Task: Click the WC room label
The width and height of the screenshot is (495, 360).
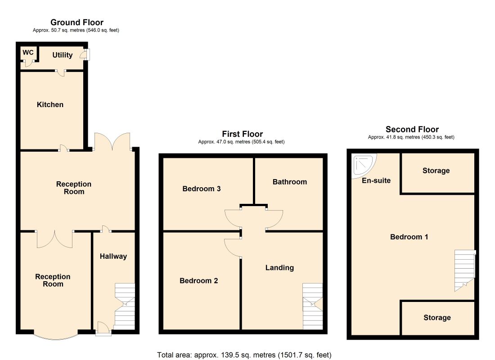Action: (x=28, y=52)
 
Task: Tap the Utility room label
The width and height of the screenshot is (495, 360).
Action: (x=63, y=55)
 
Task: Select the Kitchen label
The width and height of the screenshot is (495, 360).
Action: (x=50, y=104)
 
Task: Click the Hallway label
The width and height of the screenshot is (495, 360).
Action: (x=113, y=256)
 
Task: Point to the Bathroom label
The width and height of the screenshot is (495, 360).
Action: (x=290, y=182)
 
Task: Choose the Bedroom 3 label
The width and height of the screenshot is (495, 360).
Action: (x=202, y=189)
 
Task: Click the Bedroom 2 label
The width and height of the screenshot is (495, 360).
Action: (x=198, y=281)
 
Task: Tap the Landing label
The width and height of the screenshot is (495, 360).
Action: (x=280, y=268)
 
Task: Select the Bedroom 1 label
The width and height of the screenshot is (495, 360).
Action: (x=409, y=237)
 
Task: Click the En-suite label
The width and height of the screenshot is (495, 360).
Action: (x=376, y=180)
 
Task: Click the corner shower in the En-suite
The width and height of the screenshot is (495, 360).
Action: (x=364, y=165)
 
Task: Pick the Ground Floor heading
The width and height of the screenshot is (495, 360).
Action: (x=77, y=22)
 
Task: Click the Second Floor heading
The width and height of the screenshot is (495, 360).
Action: (x=412, y=130)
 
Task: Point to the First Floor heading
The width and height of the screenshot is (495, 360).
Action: (x=243, y=134)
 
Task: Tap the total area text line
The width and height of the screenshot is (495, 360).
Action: (x=244, y=355)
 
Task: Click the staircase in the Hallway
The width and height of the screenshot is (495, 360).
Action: (x=125, y=306)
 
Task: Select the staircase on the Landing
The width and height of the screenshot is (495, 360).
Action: (x=313, y=306)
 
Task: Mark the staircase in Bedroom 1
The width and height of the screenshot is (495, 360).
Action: (x=465, y=270)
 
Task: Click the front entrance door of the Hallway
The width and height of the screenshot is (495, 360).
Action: (x=103, y=328)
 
